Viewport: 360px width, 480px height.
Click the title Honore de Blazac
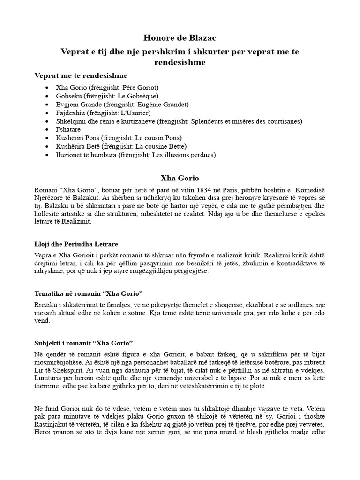coord(180,38)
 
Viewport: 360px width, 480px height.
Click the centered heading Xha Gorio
coord(180,178)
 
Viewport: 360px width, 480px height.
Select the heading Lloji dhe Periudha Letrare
coord(76,244)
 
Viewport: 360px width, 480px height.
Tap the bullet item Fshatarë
coord(67,129)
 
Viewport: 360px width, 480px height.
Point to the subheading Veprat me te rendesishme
coord(81,75)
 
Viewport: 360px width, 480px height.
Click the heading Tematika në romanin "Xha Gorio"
coord(88,293)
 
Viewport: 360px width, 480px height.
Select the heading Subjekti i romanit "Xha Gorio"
coord(84,343)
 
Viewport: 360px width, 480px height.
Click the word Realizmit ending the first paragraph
coord(76,222)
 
